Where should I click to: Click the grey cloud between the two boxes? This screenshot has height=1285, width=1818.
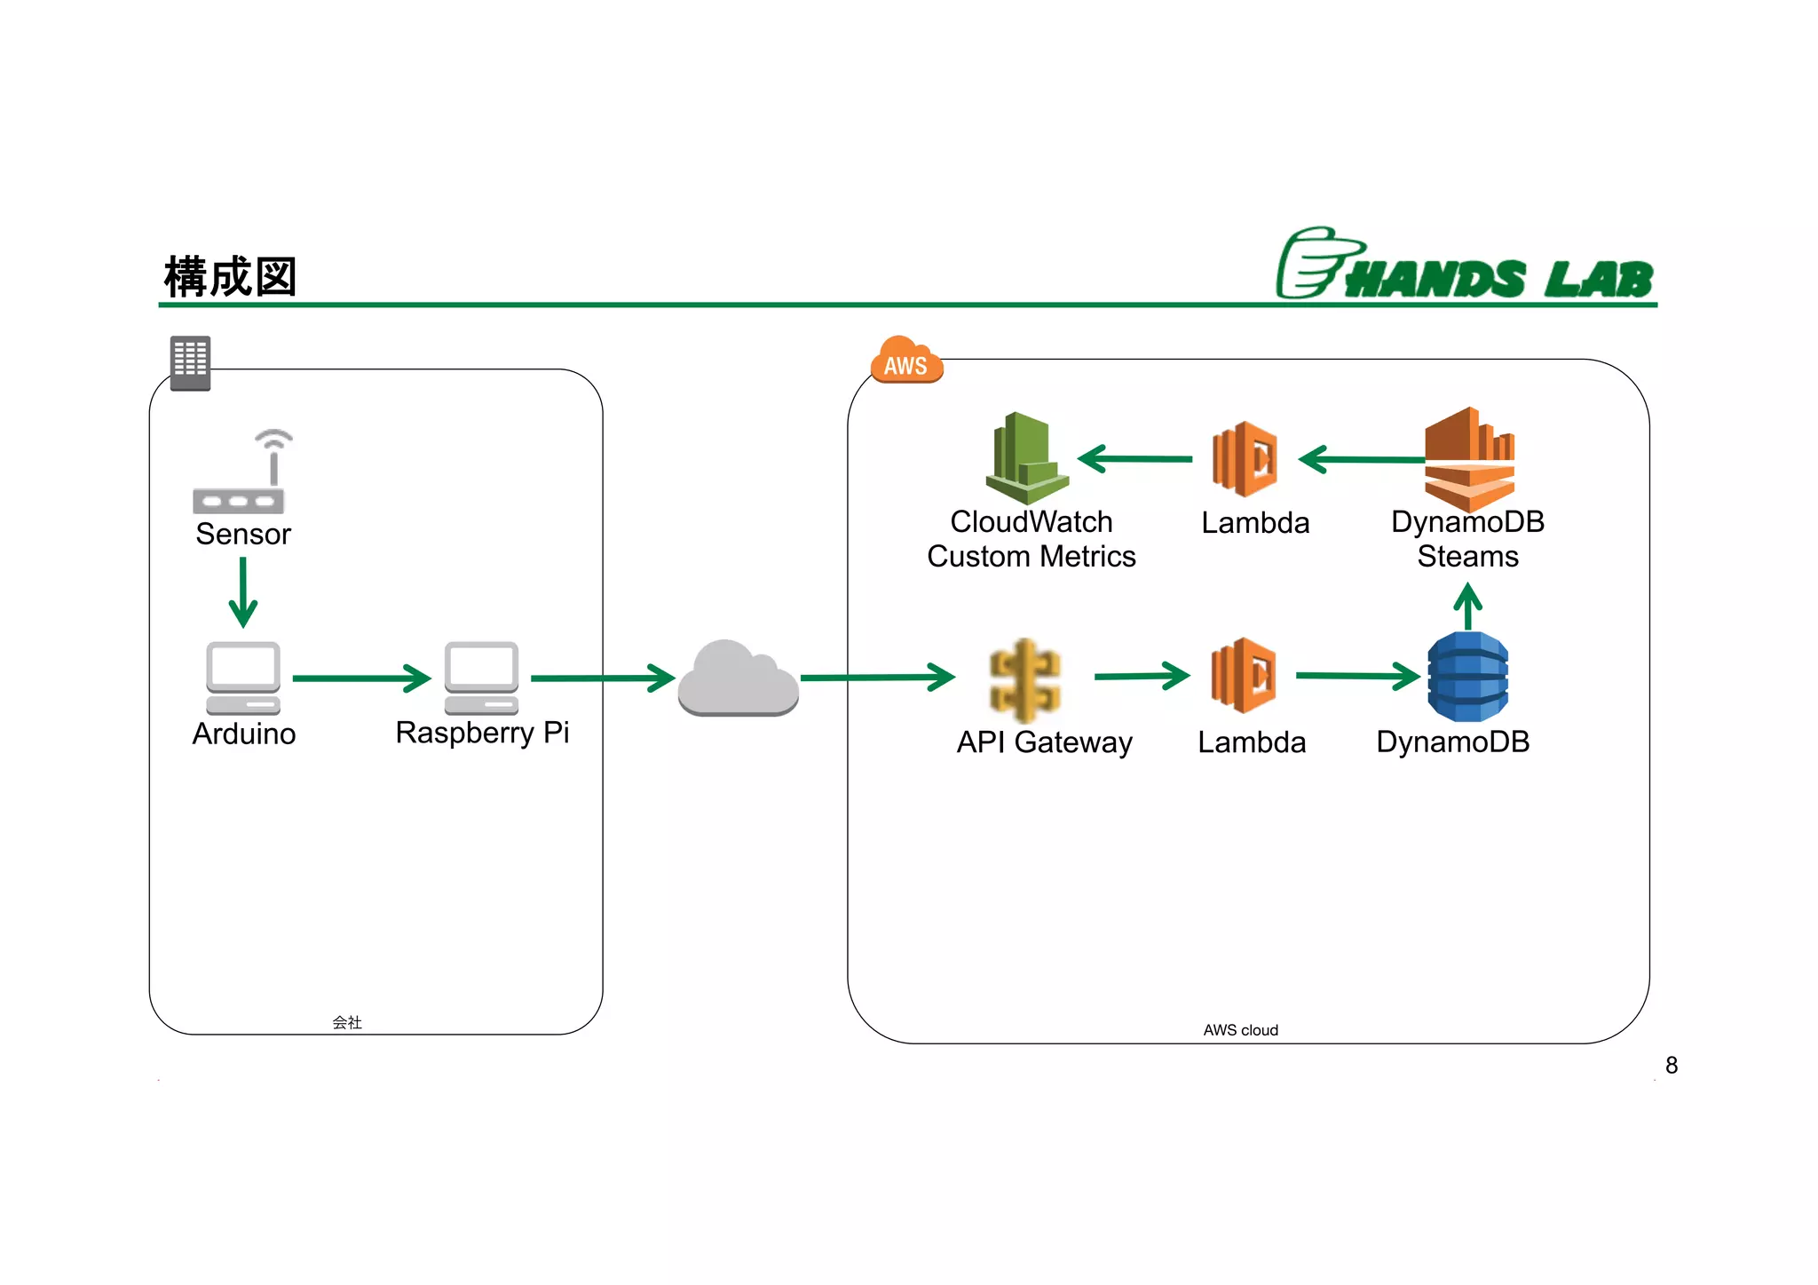[738, 680]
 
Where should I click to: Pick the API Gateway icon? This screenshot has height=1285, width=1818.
[1025, 680]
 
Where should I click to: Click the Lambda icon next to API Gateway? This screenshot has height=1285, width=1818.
[1244, 676]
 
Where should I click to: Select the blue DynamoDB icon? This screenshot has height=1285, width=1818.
[1467, 677]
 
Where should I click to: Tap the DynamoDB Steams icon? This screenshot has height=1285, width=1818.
[1469, 458]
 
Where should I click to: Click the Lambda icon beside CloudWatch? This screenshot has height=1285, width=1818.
[1245, 459]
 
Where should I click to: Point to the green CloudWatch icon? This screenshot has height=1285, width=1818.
[1026, 458]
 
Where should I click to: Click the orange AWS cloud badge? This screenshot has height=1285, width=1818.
[905, 361]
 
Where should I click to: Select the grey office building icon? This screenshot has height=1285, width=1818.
[190, 362]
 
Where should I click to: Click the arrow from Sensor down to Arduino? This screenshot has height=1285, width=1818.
[242, 592]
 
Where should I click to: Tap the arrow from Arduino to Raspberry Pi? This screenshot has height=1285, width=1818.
[361, 678]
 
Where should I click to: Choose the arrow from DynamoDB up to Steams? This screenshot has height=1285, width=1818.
[1468, 606]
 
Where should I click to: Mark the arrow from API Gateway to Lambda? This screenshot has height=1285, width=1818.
[1142, 676]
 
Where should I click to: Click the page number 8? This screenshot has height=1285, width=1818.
[1672, 1065]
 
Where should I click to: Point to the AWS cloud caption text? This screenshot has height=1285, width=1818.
[1240, 1030]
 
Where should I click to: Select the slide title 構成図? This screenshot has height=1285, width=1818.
[230, 277]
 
